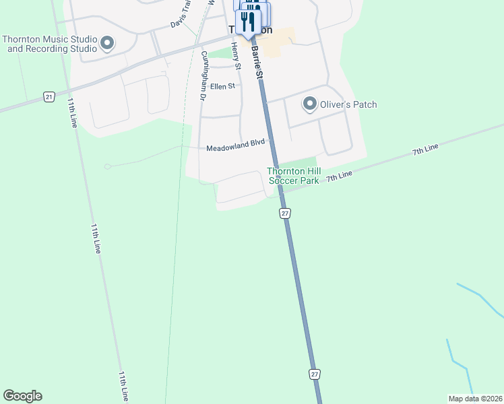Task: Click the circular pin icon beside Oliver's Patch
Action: (309, 104)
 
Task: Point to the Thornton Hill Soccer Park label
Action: (293, 176)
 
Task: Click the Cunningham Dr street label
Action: (202, 76)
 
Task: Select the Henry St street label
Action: (235, 56)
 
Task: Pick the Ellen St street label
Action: (222, 86)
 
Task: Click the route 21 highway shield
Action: (49, 97)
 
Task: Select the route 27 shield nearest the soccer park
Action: (285, 213)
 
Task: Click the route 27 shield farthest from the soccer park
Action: (315, 373)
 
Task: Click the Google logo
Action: (22, 396)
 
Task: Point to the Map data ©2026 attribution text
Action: (475, 399)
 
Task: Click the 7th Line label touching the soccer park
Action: (339, 176)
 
